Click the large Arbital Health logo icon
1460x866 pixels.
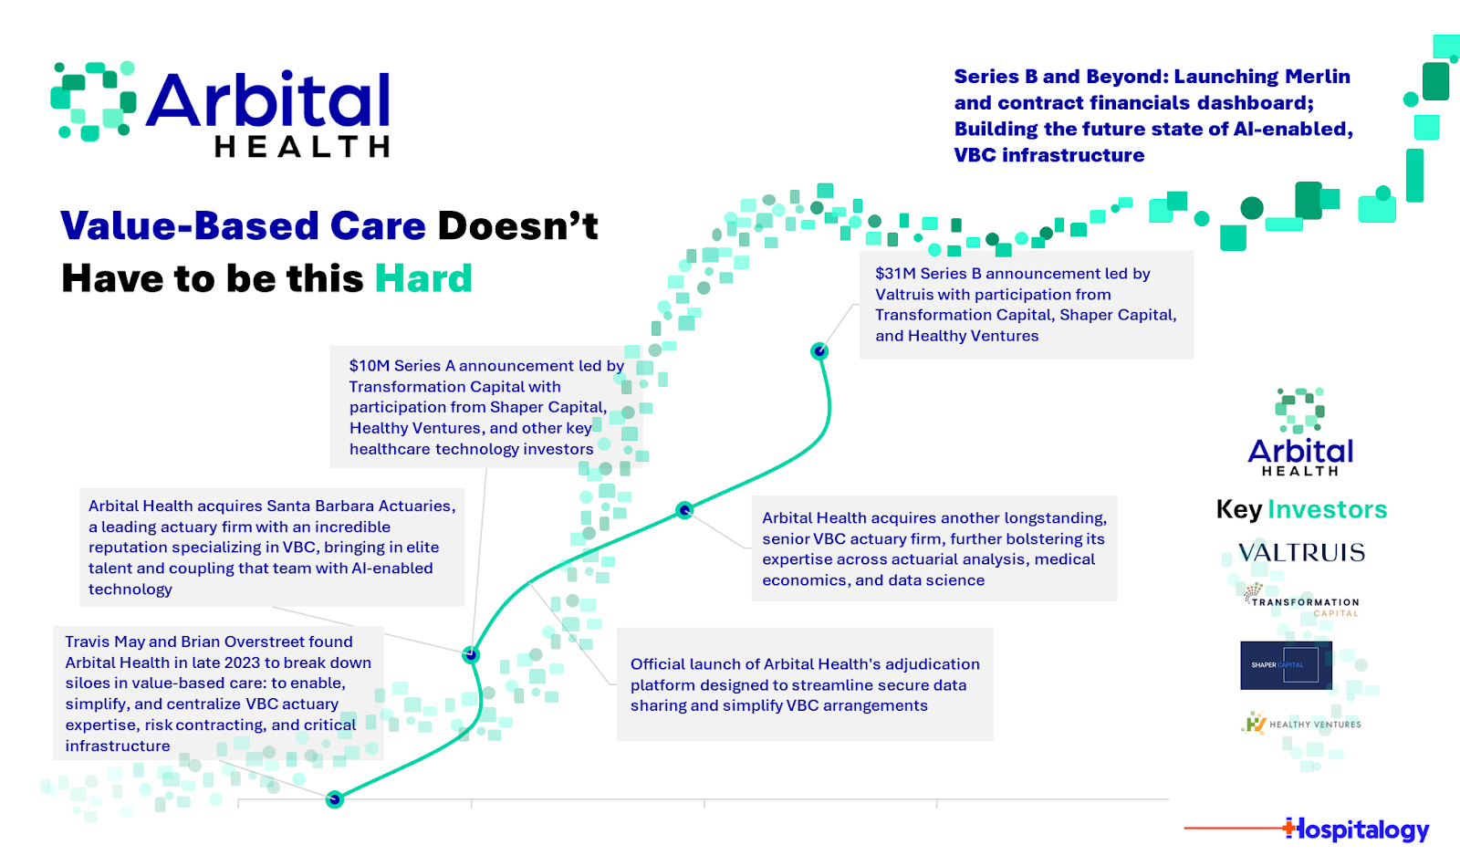point(93,101)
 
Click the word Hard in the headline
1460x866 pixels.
point(423,278)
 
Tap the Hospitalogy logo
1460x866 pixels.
point(1357,829)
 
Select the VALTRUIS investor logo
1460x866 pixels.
point(1301,553)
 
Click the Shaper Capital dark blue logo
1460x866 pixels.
point(1286,665)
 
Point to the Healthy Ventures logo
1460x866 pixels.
point(1301,724)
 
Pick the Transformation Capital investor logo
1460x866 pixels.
point(1302,603)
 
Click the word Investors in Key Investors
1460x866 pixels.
point(1327,509)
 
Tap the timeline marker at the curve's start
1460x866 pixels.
point(335,799)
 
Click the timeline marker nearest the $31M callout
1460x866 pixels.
point(819,350)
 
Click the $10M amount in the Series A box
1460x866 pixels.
point(369,366)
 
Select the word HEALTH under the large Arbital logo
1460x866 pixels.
point(302,147)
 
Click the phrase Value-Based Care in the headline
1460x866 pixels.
point(243,226)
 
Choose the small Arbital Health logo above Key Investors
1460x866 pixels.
point(1300,433)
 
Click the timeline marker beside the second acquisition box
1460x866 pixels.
point(684,510)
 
